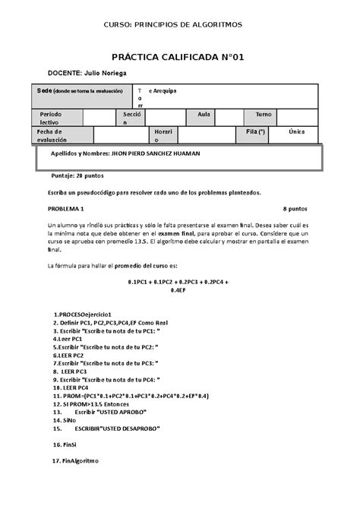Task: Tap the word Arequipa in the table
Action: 163,90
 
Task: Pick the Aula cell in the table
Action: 204,113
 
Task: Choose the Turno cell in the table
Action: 264,113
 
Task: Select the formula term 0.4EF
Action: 178,290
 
